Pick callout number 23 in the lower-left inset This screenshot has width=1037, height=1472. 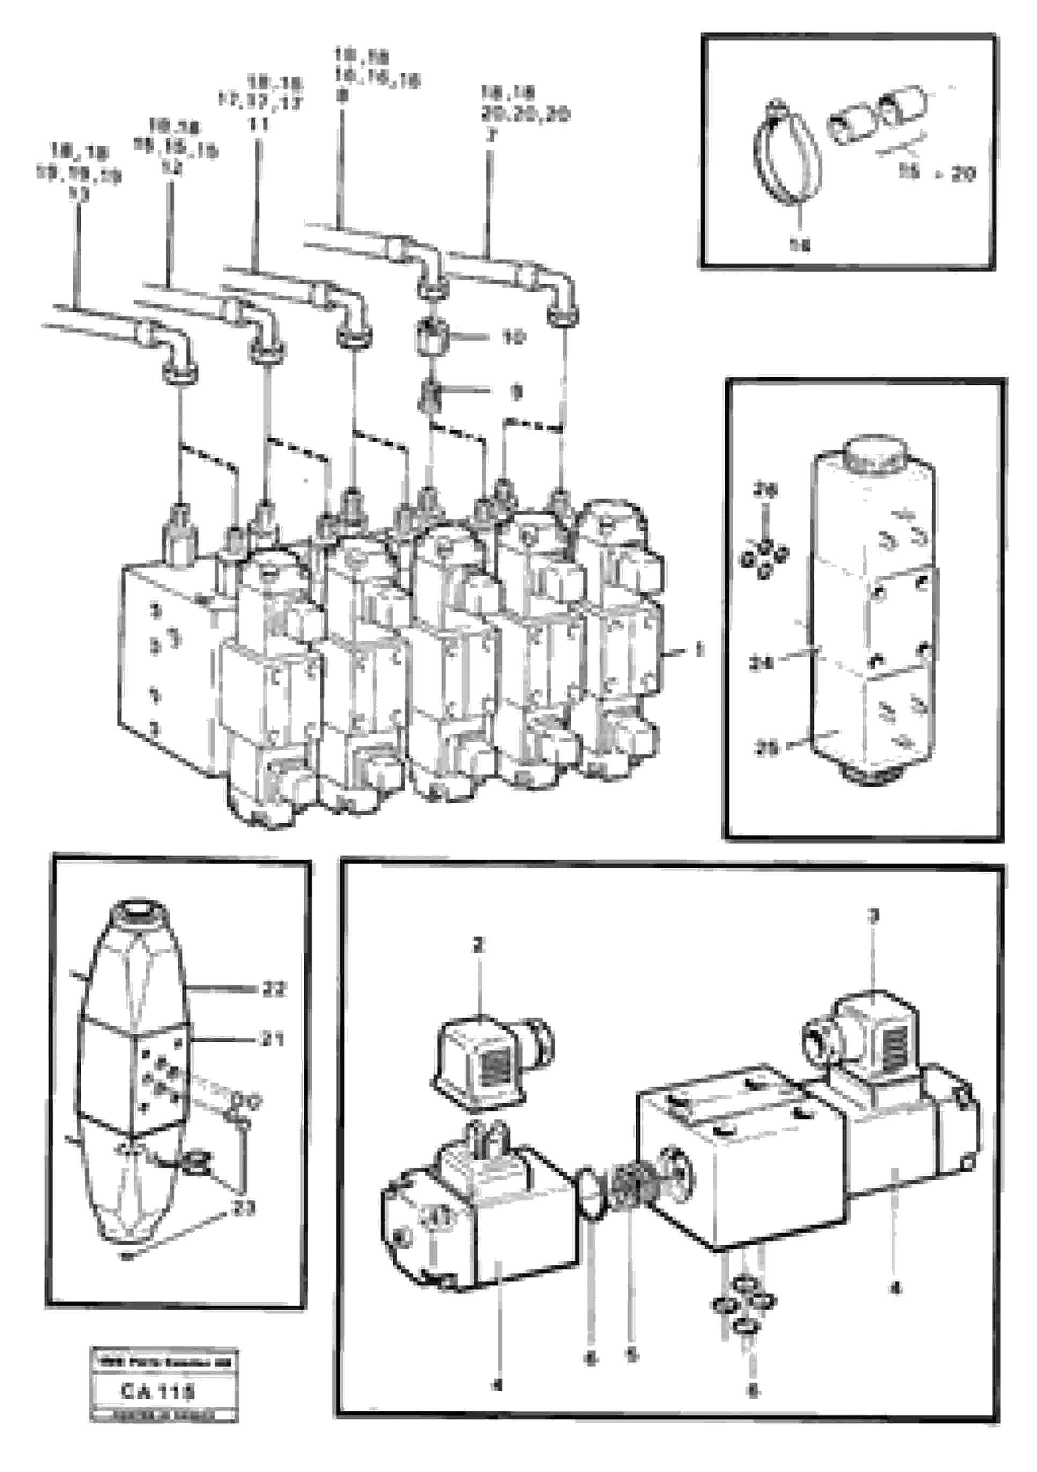[243, 1209]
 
